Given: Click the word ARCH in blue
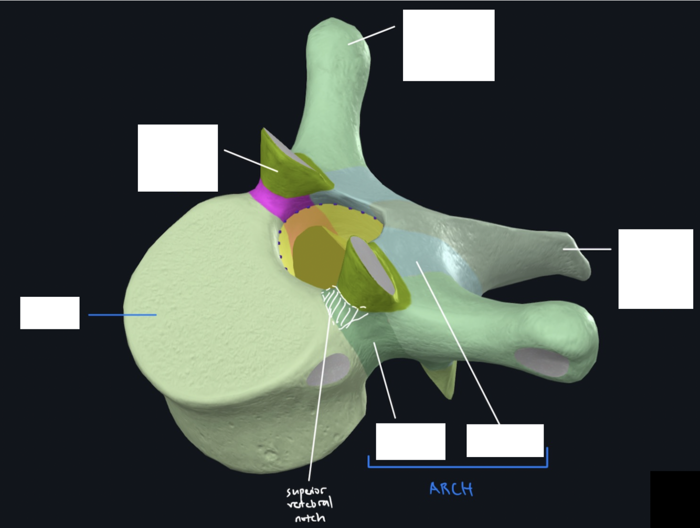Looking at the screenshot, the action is pos(451,489).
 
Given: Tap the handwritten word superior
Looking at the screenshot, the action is pos(306,492).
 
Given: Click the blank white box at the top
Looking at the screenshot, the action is pos(448,45).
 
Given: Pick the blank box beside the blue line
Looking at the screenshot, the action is pos(50,313).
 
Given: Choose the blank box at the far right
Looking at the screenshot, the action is pos(655,268).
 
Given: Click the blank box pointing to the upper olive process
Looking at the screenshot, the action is pos(177,158).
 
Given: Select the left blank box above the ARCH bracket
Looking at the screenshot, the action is pos(410,441).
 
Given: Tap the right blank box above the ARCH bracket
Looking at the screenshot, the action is pos(505,440).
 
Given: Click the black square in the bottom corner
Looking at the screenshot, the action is pos(675,499).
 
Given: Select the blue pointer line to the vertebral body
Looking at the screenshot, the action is pos(122,315).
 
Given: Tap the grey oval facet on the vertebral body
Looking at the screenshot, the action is pos(329,369).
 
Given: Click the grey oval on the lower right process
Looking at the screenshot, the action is pos(541,361).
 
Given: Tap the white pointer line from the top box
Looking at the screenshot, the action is pos(371,35).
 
